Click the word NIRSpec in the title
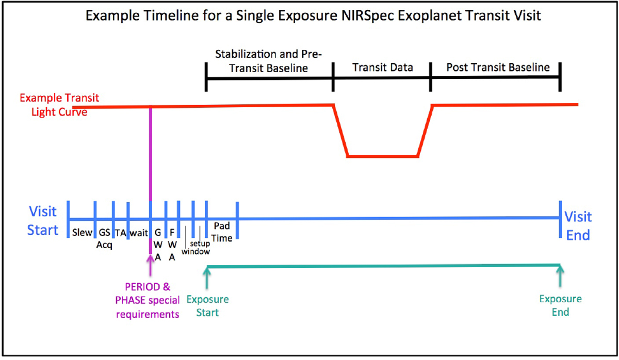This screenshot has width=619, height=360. click(367, 15)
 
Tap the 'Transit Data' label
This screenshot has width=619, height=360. click(382, 68)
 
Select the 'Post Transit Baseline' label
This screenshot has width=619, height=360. click(498, 68)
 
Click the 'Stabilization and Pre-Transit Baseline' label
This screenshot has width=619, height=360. click(268, 61)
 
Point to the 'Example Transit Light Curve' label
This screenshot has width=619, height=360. click(59, 105)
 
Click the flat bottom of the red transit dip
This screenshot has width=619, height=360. click(383, 156)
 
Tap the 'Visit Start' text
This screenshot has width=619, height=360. click(43, 221)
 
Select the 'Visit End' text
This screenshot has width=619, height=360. click(578, 226)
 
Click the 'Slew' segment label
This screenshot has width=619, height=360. click(82, 233)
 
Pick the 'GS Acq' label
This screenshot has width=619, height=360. click(104, 238)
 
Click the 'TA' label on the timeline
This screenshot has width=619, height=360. click(121, 233)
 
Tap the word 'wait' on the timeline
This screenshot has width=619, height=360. click(139, 233)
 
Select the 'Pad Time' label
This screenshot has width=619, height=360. click(222, 232)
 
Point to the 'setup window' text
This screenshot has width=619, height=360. click(196, 248)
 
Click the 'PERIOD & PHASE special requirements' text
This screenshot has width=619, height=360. click(148, 301)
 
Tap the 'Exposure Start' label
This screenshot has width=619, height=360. click(207, 306)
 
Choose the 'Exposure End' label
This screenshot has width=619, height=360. click(560, 305)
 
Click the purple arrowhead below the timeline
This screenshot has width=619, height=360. click(150, 259)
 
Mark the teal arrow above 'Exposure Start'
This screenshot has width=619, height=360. click(207, 277)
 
